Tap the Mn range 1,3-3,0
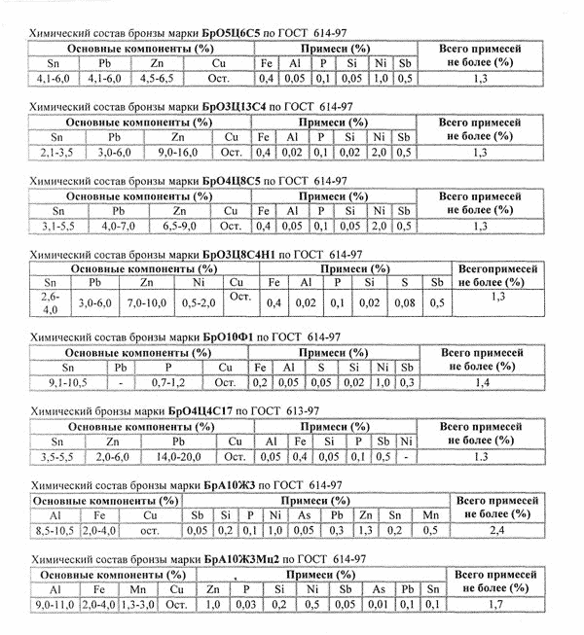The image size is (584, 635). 139,605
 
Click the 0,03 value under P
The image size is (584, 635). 245,605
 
